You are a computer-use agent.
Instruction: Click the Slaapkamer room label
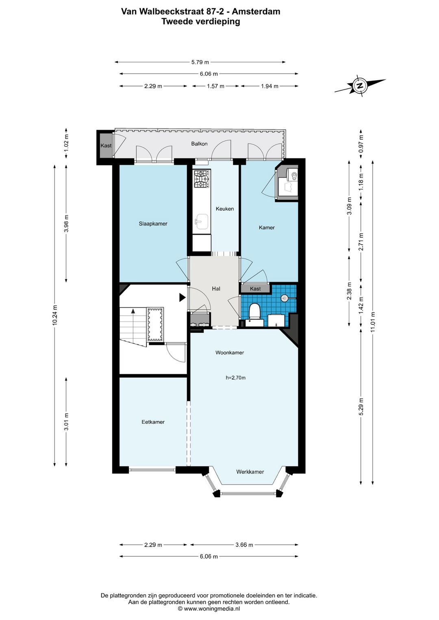[x=153, y=223]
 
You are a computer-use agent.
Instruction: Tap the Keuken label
[x=225, y=209]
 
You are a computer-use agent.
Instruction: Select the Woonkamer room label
[x=230, y=353]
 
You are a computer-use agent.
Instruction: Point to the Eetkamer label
[x=153, y=422]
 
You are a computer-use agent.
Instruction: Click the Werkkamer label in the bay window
[x=250, y=472]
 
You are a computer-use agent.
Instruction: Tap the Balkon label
[x=199, y=144]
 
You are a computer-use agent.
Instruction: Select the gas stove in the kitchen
[x=201, y=179]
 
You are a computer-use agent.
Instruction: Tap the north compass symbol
[x=360, y=86]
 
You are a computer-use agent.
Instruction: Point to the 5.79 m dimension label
[x=200, y=62]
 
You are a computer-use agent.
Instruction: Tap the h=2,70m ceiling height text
[x=236, y=377]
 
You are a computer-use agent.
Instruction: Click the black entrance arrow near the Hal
[x=182, y=297]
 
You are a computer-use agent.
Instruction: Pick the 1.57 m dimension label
[x=215, y=86]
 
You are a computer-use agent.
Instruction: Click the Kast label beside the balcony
[x=106, y=145]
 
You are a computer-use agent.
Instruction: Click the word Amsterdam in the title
[x=256, y=12]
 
